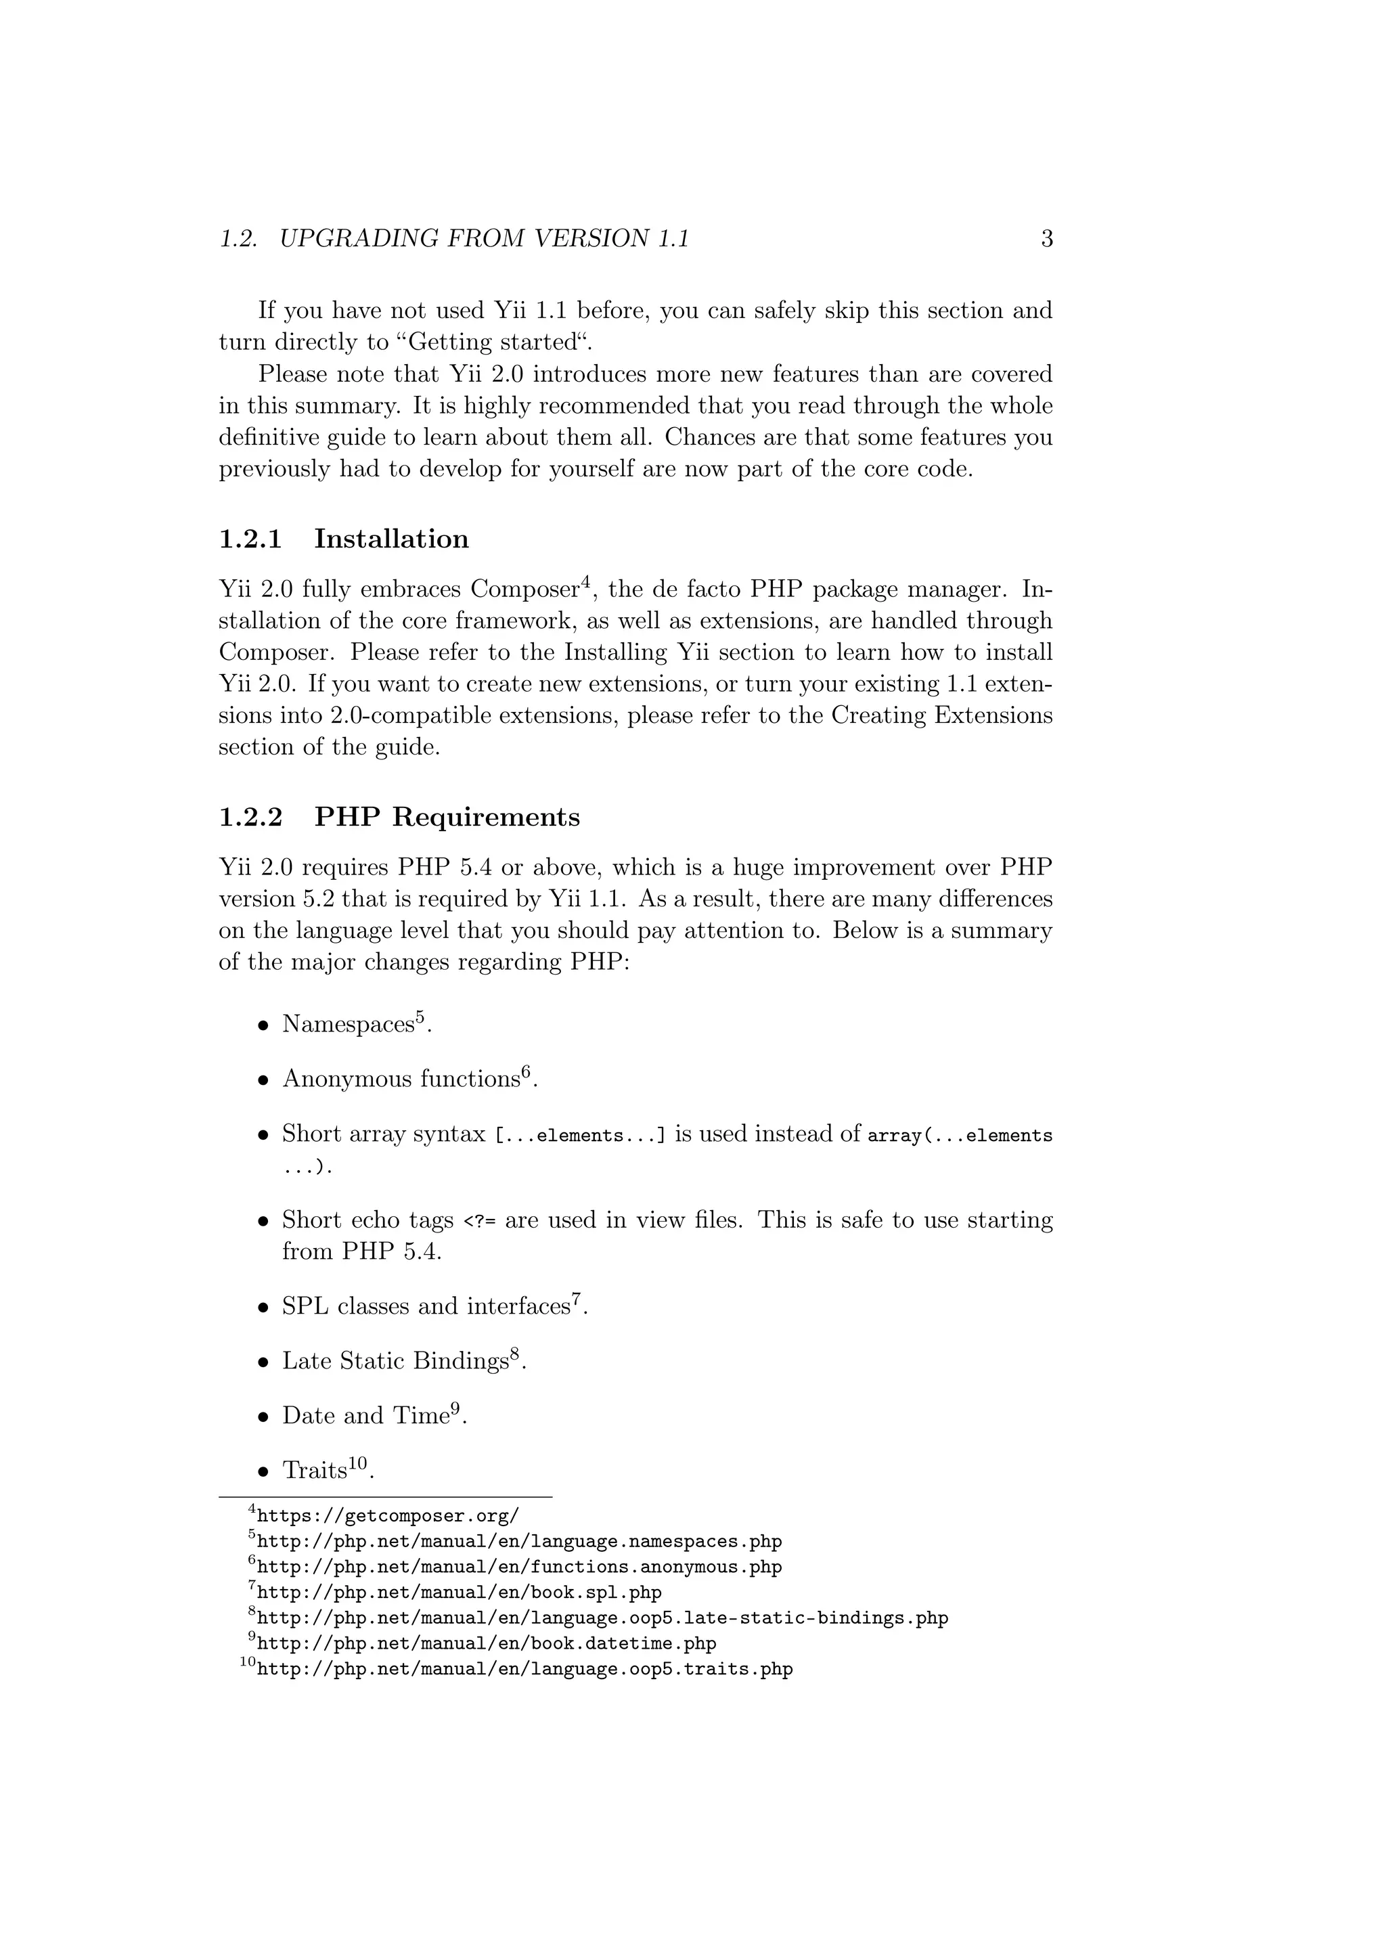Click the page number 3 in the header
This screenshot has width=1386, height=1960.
[x=1047, y=239]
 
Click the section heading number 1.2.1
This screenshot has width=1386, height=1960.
[x=250, y=539]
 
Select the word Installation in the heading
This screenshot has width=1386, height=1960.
[x=391, y=539]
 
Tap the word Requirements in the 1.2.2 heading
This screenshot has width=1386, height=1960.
[x=486, y=818]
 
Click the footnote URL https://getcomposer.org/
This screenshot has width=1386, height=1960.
[x=388, y=1516]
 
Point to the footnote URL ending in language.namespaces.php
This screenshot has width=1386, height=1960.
[x=519, y=1542]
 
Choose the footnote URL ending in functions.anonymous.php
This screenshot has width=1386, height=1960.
[x=519, y=1567]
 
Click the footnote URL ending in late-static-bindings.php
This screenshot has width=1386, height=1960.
[x=602, y=1618]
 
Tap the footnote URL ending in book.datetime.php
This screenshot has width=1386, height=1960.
[x=487, y=1643]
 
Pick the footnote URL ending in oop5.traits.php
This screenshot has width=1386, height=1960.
[x=525, y=1669]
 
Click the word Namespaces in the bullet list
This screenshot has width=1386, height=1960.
[x=349, y=1025]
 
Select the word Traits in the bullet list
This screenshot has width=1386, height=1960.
[x=314, y=1471]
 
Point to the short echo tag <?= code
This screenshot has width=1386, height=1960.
[x=478, y=1222]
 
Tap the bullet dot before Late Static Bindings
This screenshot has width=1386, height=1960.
[x=265, y=1362]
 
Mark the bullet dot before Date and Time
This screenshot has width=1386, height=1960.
[x=265, y=1417]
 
